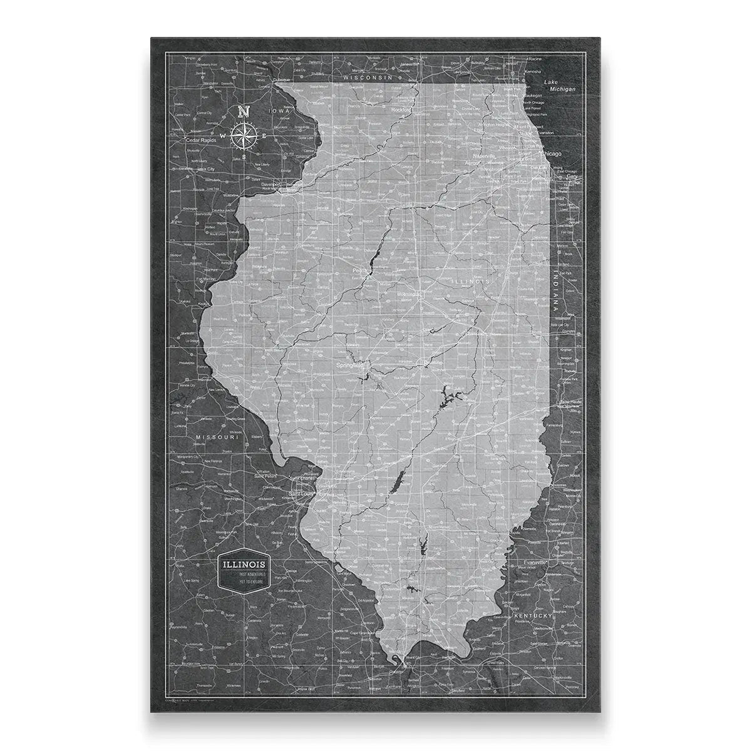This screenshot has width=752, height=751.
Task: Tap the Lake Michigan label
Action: (559, 86)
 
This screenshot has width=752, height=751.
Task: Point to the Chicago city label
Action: (550, 153)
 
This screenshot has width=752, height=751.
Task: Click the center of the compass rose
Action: (242, 135)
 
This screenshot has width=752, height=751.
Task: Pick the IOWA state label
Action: (276, 111)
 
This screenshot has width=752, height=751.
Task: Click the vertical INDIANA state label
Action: (555, 287)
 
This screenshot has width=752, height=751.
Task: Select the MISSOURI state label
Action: (217, 437)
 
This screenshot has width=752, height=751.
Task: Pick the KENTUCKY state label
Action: (533, 616)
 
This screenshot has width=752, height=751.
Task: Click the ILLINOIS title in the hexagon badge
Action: (245, 564)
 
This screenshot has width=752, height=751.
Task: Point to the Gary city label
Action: (555, 176)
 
